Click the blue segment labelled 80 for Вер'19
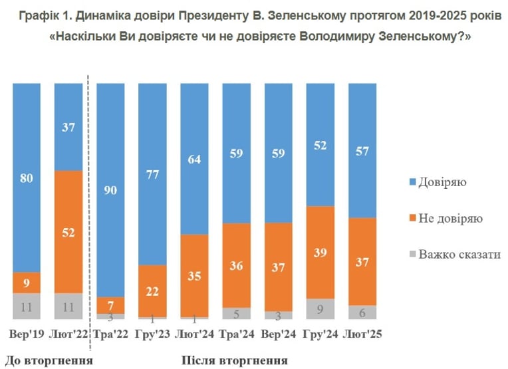[x=27, y=178]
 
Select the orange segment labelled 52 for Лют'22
[x=68, y=232]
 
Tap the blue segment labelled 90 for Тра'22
[x=110, y=190]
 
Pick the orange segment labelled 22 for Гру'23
[x=152, y=291]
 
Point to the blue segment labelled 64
[x=194, y=159]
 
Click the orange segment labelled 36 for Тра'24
[x=237, y=265]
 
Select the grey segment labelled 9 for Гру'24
[x=320, y=309]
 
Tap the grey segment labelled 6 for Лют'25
[x=362, y=312]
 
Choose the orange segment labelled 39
[x=320, y=253]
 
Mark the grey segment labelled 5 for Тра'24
[x=237, y=314]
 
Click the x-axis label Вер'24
[x=279, y=334]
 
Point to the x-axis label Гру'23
[x=152, y=334]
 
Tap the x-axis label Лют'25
[x=362, y=334]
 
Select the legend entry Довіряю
[x=438, y=182]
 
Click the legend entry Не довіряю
[x=446, y=218]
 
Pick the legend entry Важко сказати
[x=455, y=255]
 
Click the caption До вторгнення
[x=49, y=360]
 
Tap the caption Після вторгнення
[x=234, y=360]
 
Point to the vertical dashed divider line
[x=89, y=213]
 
